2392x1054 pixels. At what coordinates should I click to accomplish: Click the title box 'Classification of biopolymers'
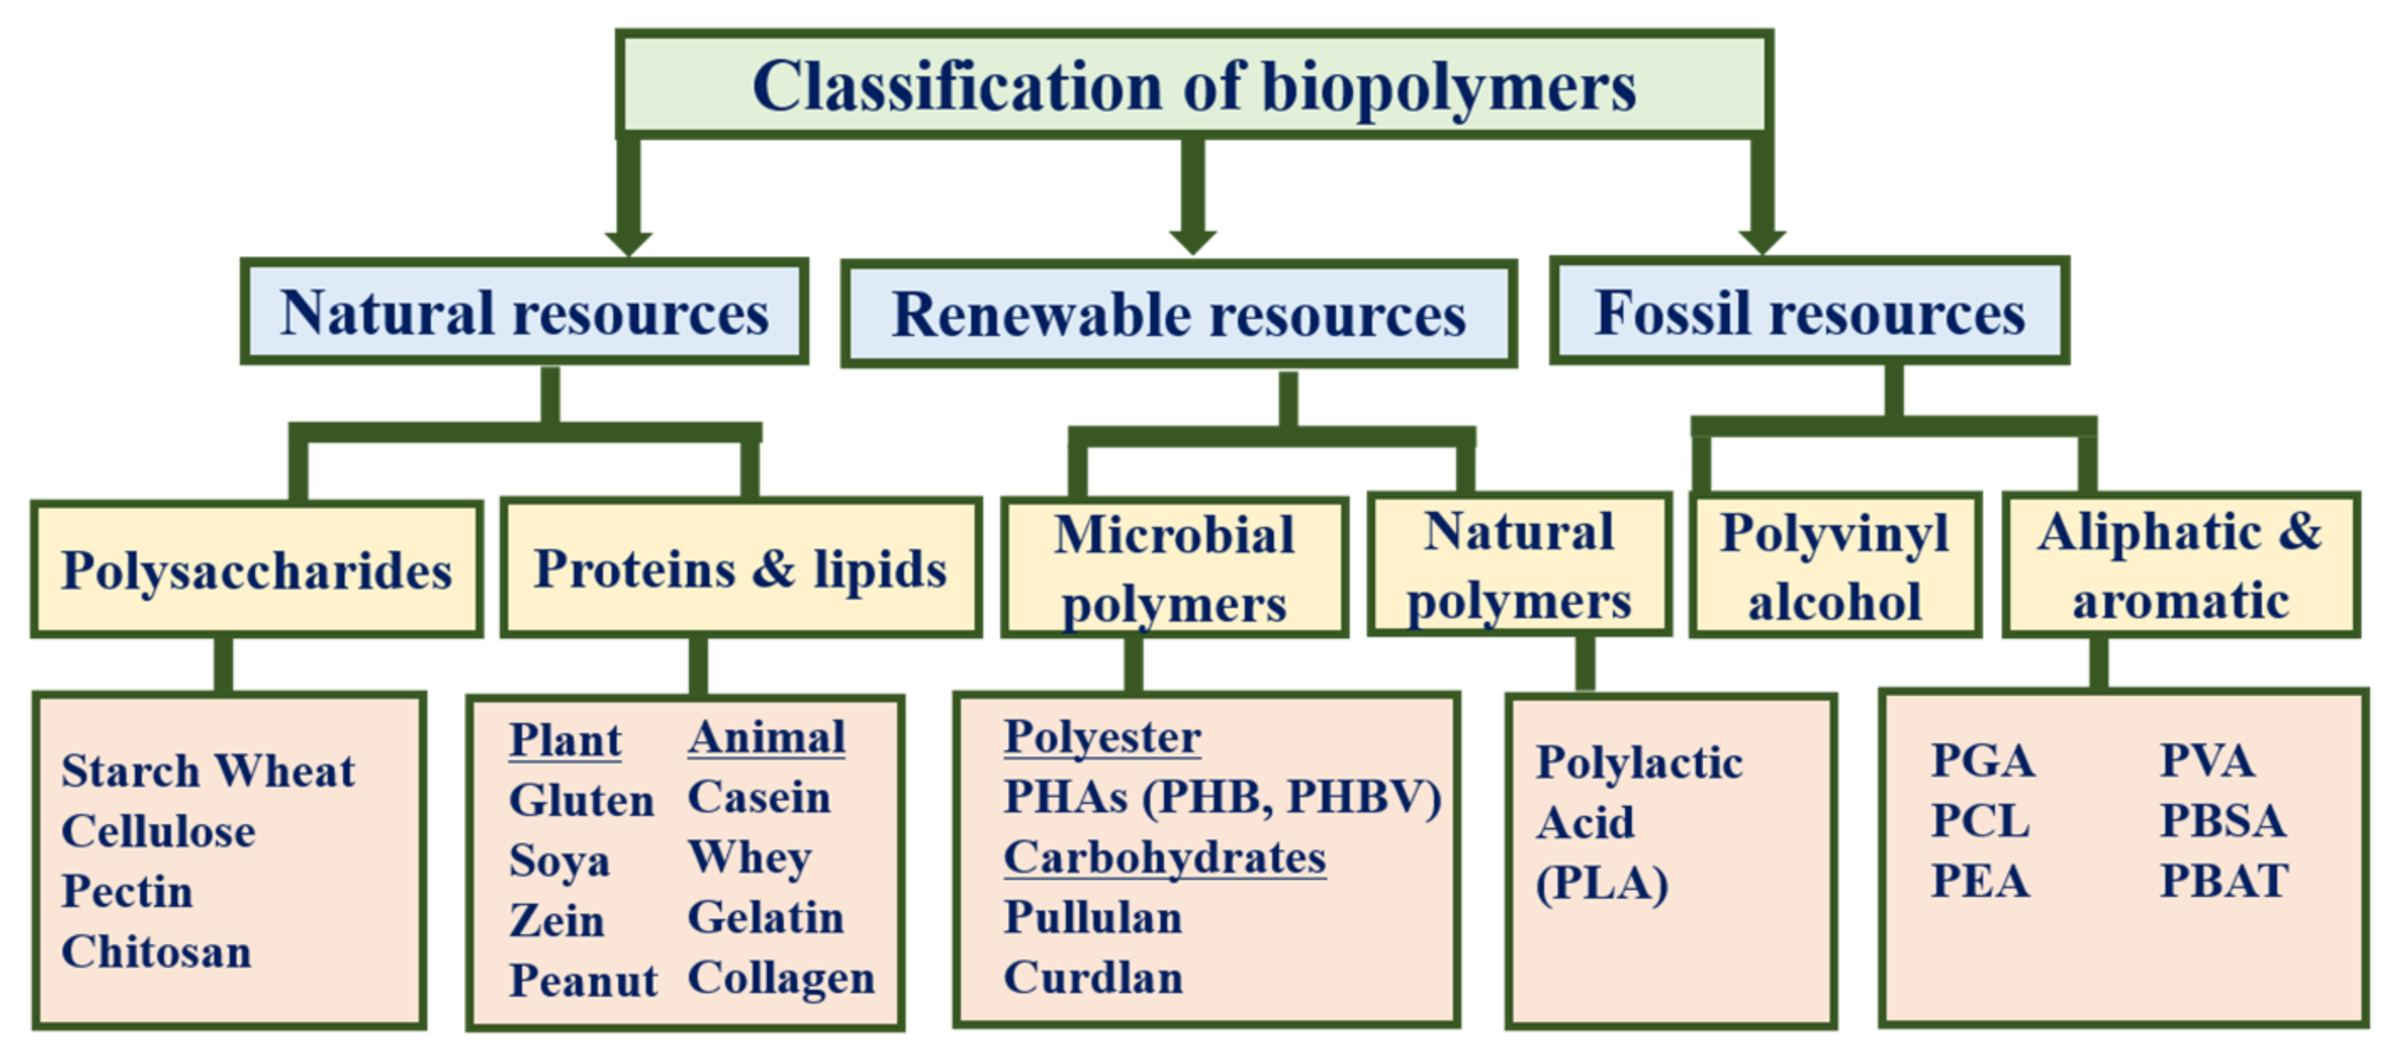[1194, 85]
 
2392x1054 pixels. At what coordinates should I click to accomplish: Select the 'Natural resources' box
[525, 312]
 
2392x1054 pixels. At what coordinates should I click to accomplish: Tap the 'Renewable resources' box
[1178, 315]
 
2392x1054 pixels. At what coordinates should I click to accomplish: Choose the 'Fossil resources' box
[1809, 312]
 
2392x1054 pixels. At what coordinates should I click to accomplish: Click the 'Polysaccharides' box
[256, 569]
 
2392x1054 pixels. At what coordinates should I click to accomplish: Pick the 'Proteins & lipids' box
[740, 568]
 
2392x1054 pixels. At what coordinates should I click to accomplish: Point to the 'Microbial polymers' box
[1174, 568]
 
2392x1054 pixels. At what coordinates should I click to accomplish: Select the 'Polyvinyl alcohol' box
[1834, 567]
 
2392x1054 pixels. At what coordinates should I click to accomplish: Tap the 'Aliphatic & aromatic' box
[2179, 567]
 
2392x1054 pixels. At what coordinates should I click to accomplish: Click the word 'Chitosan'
[156, 952]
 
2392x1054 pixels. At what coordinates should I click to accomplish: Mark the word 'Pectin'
[128, 892]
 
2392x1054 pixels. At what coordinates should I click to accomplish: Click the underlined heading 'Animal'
[766, 738]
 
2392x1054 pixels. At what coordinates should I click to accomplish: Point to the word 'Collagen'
[781, 978]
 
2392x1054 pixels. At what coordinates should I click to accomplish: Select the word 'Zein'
[557, 921]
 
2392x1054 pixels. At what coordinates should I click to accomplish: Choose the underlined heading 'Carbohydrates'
[1165, 857]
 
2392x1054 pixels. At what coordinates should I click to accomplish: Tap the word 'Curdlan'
[1093, 978]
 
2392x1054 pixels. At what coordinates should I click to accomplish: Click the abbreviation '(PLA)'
[1601, 883]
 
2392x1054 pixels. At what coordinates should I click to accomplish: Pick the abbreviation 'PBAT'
[2224, 880]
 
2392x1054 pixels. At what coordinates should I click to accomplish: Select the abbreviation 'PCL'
[1980, 821]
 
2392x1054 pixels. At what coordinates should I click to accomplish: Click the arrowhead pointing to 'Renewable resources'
[1193, 239]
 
